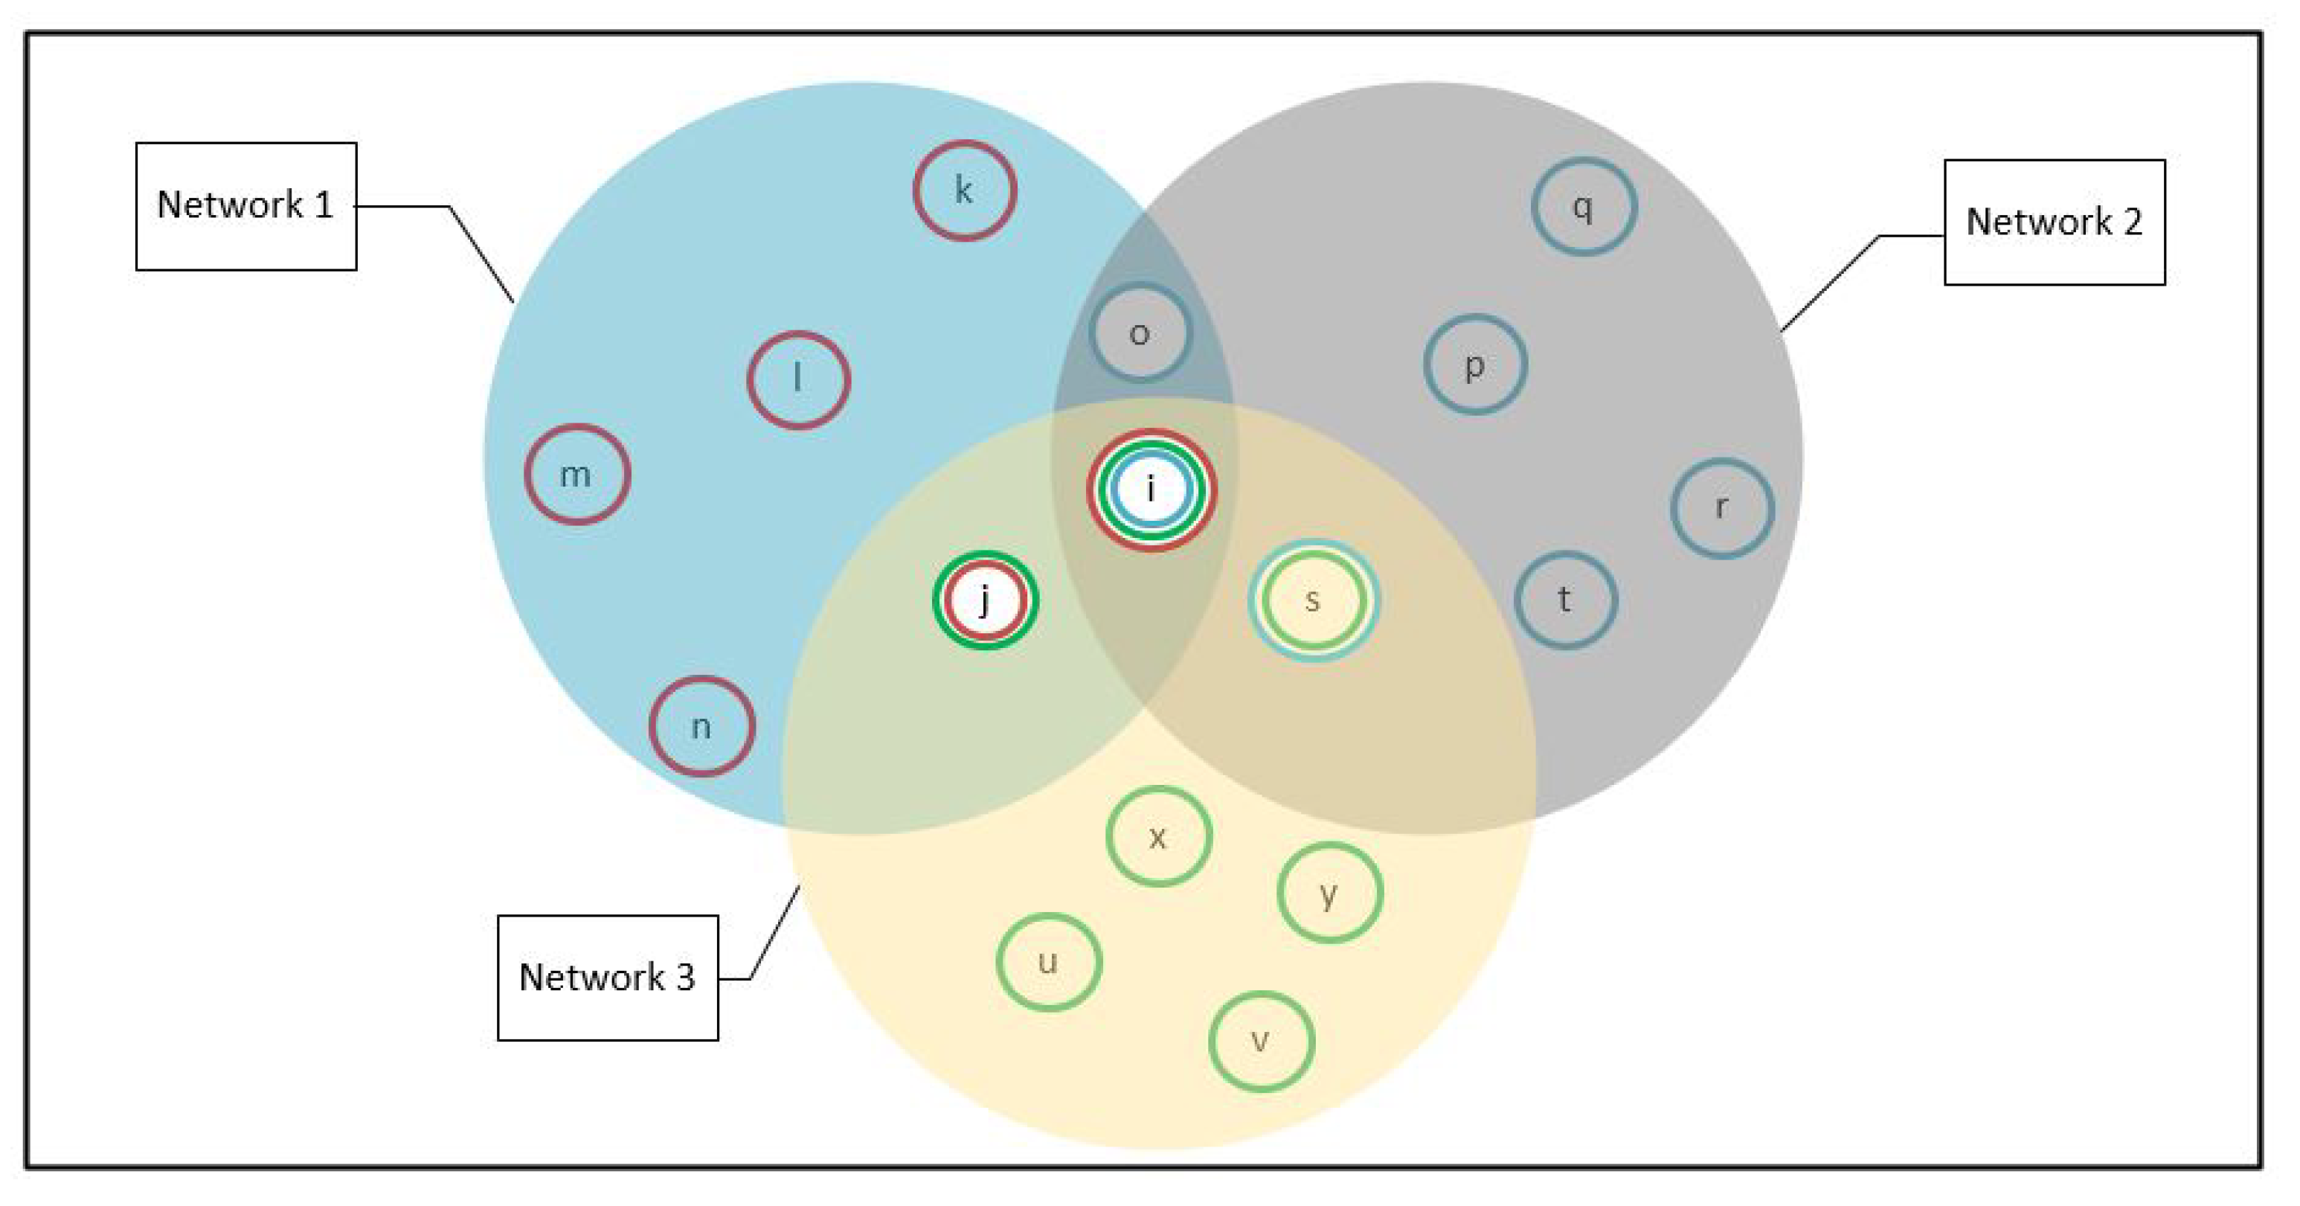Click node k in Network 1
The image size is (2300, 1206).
[964, 190]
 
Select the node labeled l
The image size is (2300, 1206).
[798, 379]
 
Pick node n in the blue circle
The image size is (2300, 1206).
[701, 726]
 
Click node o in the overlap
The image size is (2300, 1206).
[1140, 333]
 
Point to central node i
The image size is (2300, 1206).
[1151, 490]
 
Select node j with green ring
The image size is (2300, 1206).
[985, 600]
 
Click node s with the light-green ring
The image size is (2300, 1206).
[1312, 600]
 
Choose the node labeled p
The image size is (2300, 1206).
[1475, 365]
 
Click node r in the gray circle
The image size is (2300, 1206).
[1721, 507]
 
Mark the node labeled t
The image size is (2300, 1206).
[1565, 600]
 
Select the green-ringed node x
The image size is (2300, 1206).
[1158, 837]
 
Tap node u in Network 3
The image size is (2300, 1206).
[1048, 962]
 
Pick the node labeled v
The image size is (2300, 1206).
[1261, 1041]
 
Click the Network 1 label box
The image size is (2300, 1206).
[245, 205]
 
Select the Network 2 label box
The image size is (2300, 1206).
[2054, 222]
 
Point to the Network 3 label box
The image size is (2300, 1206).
[607, 978]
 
